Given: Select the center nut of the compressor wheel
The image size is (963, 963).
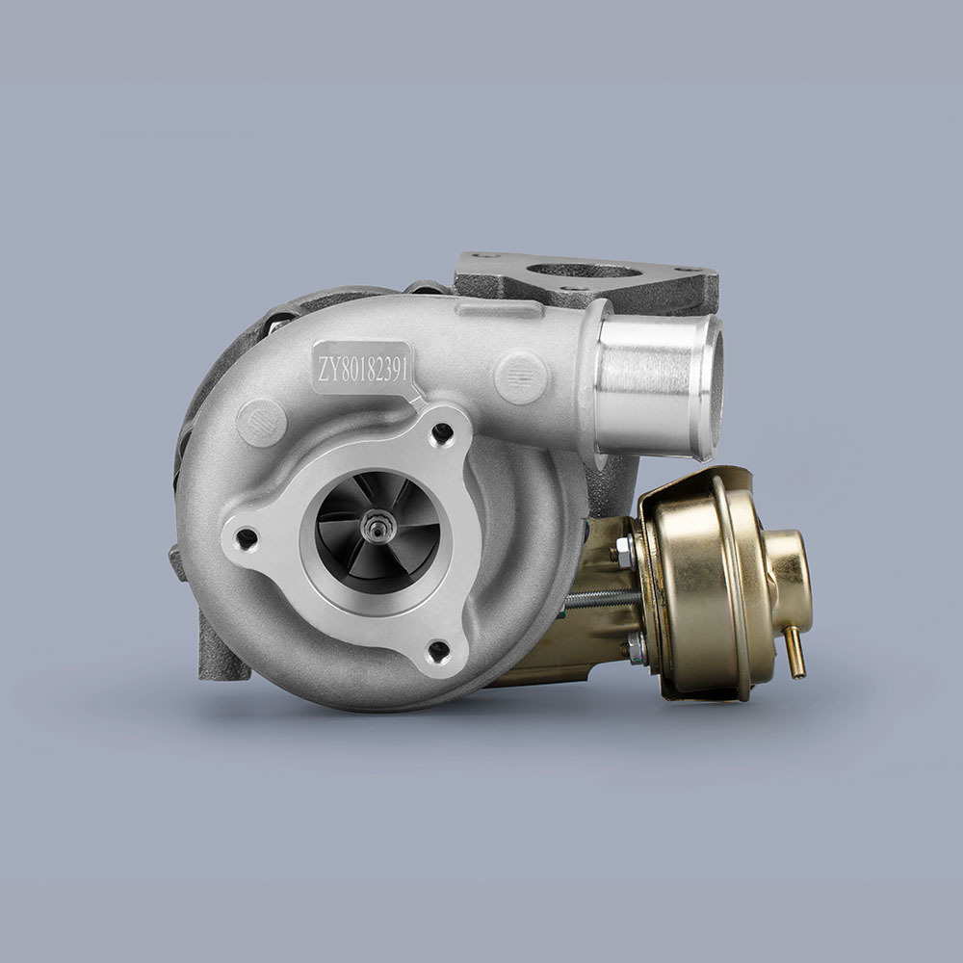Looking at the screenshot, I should [x=377, y=527].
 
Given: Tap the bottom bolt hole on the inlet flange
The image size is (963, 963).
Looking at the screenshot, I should [x=438, y=650].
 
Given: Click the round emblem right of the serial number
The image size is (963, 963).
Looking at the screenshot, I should [x=521, y=377].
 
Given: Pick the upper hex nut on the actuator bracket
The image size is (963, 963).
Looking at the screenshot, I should [x=623, y=549].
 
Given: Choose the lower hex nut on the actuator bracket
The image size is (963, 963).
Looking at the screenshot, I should [x=636, y=647].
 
